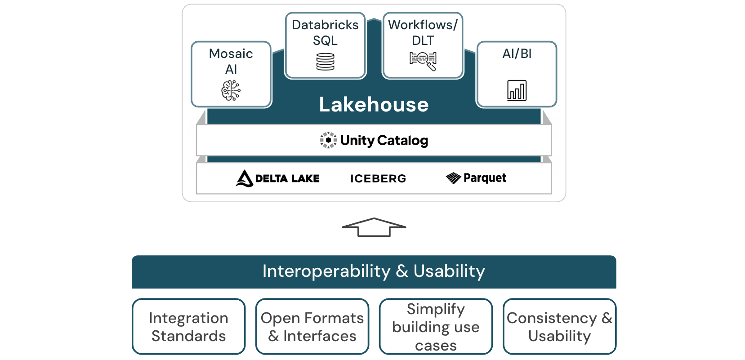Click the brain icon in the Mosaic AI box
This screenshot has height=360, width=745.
click(x=231, y=90)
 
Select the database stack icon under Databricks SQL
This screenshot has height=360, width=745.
click(x=325, y=62)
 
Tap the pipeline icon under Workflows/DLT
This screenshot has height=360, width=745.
click(x=423, y=61)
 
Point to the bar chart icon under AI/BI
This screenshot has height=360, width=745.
click(x=517, y=90)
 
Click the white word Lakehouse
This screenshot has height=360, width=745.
click(x=374, y=105)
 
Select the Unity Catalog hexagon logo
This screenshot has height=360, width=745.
click(x=328, y=140)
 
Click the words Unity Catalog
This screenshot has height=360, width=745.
click(x=384, y=141)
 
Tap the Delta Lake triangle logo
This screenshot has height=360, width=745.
click(x=244, y=178)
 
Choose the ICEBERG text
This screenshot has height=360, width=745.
click(x=378, y=179)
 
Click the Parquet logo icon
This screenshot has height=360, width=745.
click(x=453, y=178)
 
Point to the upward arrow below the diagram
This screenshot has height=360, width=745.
click(x=374, y=227)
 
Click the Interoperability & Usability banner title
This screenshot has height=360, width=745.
click(x=374, y=271)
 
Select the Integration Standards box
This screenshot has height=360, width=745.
click(x=189, y=327)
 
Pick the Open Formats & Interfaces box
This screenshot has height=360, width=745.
click(x=312, y=327)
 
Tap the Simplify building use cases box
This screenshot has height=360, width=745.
click(x=436, y=327)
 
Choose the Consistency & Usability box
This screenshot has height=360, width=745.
click(x=559, y=327)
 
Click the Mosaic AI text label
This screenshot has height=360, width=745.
click(x=231, y=61)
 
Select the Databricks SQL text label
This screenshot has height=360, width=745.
click(x=325, y=32)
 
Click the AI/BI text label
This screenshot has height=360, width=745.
click(x=517, y=54)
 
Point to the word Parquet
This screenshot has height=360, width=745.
click(x=485, y=178)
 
